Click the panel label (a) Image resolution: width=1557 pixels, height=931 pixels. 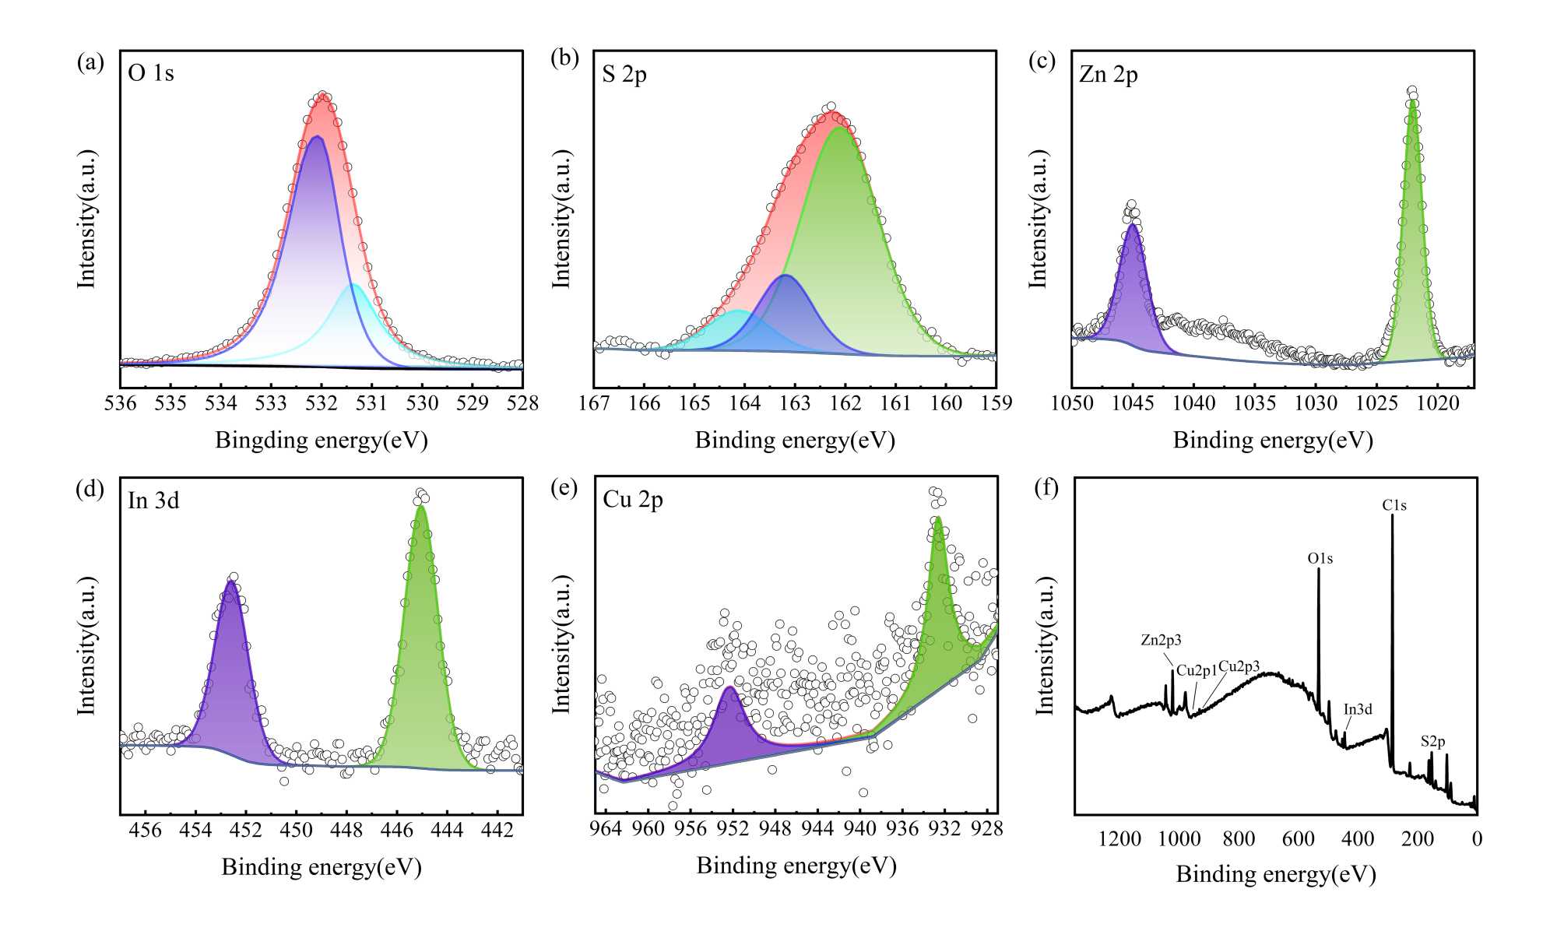[x=90, y=62]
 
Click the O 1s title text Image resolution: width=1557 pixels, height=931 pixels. [x=151, y=73]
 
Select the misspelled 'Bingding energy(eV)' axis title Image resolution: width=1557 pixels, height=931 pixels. [x=322, y=441]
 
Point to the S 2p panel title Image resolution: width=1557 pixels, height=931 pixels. [x=624, y=74]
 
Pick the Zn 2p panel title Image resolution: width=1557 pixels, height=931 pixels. [x=1109, y=75]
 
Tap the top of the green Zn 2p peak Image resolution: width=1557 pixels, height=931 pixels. [x=1412, y=100]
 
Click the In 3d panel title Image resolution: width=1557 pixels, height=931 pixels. [x=153, y=501]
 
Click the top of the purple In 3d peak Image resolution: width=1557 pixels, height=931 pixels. [x=230, y=581]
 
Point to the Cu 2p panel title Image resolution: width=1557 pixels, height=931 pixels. [x=633, y=500]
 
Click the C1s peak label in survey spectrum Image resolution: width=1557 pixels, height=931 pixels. [x=1394, y=506]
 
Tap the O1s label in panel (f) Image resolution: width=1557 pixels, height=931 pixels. [x=1320, y=559]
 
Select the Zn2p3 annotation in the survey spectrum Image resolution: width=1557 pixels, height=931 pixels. [x=1161, y=641]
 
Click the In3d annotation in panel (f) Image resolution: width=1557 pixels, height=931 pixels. [x=1358, y=710]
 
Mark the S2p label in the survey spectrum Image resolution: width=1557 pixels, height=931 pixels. [x=1432, y=742]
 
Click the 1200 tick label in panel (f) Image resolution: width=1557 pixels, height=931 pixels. [x=1119, y=839]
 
